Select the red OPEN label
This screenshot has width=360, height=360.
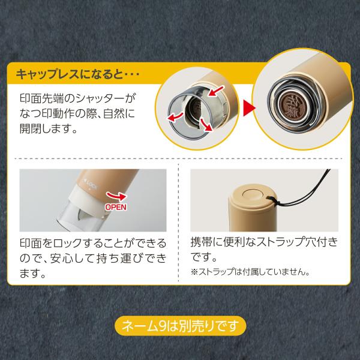(116, 207)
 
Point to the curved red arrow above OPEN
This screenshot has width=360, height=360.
(116, 196)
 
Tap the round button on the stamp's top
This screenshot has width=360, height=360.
(253, 194)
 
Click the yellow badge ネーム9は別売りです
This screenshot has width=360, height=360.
(180, 326)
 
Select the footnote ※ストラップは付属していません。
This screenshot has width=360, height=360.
(250, 272)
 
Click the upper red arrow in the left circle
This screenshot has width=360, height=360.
(216, 91)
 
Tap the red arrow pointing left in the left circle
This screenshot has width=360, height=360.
(175, 116)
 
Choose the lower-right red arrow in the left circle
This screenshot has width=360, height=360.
(206, 125)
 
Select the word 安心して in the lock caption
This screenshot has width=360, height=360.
(74, 258)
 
